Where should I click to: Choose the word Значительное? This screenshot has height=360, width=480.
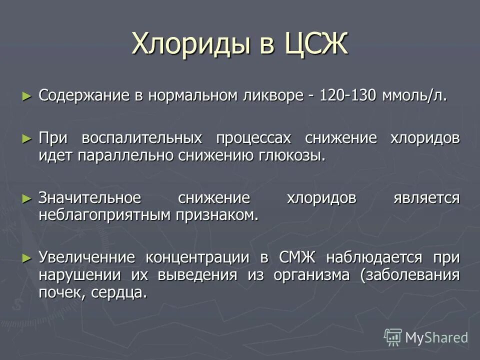click(x=89, y=198)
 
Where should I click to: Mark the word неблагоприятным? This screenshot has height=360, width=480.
click(x=106, y=214)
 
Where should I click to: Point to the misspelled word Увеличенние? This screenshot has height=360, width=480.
click(x=87, y=257)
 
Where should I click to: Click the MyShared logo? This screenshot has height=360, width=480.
click(x=426, y=337)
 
